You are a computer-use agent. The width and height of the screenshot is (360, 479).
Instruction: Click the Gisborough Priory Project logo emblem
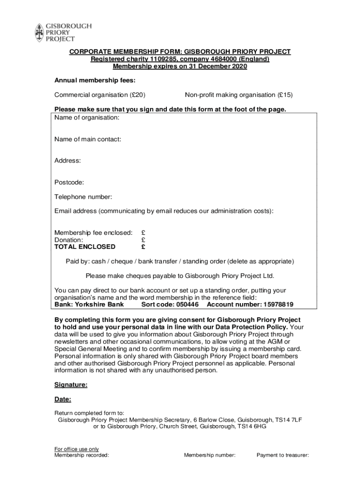[x=39, y=33]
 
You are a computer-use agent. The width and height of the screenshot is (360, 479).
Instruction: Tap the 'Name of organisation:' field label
[x=87, y=117]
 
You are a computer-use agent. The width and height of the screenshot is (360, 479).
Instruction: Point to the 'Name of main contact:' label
[x=88, y=139]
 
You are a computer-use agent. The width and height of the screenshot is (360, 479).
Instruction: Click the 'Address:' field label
[x=68, y=160]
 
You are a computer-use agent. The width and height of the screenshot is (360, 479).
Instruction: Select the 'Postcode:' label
[x=69, y=182]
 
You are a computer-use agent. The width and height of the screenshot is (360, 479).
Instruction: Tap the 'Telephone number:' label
[x=83, y=197]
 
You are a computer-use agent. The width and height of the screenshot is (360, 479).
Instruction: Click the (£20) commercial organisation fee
[x=137, y=95]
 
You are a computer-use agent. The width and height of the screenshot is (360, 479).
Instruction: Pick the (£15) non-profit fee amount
[x=285, y=95]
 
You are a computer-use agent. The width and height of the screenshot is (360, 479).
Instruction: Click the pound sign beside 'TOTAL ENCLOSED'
[x=143, y=247]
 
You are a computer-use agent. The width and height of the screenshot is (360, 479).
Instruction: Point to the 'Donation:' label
[x=69, y=239]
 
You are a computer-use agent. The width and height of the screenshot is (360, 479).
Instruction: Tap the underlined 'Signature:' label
[x=71, y=385]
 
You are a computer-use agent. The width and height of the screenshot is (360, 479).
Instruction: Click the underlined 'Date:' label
[x=63, y=399]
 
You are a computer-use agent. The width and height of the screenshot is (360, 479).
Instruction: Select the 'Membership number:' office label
[x=210, y=455]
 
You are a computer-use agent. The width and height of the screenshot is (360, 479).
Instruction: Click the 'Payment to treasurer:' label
[x=283, y=455]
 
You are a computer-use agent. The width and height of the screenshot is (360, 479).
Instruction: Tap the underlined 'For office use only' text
[x=77, y=449]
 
